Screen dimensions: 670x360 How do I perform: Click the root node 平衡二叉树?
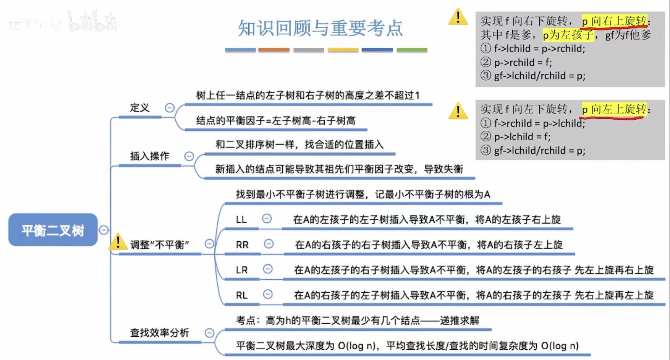coord(53,230)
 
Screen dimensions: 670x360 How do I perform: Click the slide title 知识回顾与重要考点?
coord(320,28)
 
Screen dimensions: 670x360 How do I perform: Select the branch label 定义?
coord(139,108)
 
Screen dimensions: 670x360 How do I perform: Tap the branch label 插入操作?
coord(149,156)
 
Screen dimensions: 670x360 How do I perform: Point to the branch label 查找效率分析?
coord(159,332)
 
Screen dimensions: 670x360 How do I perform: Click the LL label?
coord(241,219)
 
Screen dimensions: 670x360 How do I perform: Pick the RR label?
coord(242,245)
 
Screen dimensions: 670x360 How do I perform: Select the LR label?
coord(242,270)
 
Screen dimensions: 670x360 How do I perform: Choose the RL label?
coord(241,295)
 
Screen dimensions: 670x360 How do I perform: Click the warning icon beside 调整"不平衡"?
coord(118,242)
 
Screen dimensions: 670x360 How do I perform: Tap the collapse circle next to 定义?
coord(170,108)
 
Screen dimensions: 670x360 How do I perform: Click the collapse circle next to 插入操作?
coord(189,156)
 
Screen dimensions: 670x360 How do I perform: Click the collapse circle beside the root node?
coord(104,230)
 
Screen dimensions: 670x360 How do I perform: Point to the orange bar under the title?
coord(274,50)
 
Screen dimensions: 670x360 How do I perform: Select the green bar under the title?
coord(412,50)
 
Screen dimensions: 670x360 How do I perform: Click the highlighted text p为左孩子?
coord(568,35)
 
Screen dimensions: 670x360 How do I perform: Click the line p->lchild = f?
coord(522,136)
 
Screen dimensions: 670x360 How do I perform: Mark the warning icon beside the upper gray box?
coord(458,17)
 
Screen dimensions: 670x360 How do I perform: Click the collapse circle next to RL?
coord(268,294)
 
